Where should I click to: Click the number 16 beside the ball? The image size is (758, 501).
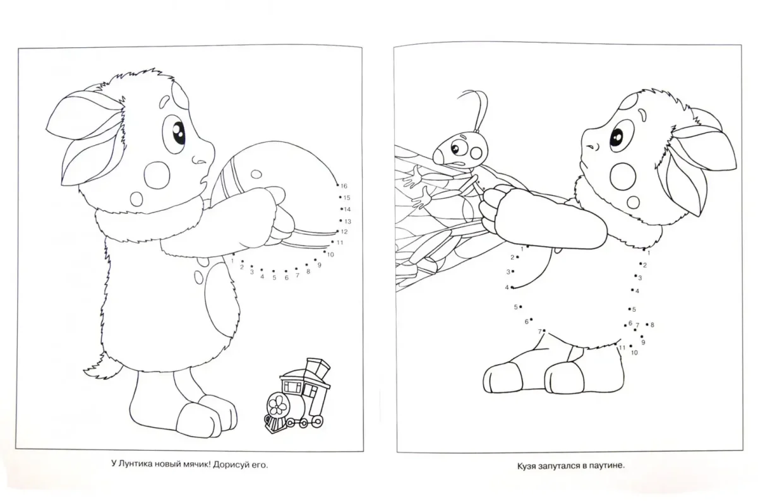(344, 186)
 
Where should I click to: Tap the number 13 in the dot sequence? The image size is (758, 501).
(348, 221)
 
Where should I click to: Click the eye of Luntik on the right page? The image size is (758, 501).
(617, 138)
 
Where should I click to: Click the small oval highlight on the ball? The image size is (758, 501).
(256, 174)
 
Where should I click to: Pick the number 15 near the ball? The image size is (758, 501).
(347, 197)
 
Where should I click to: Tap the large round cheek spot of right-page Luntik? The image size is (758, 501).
(623, 176)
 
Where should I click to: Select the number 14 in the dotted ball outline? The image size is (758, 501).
(347, 209)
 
